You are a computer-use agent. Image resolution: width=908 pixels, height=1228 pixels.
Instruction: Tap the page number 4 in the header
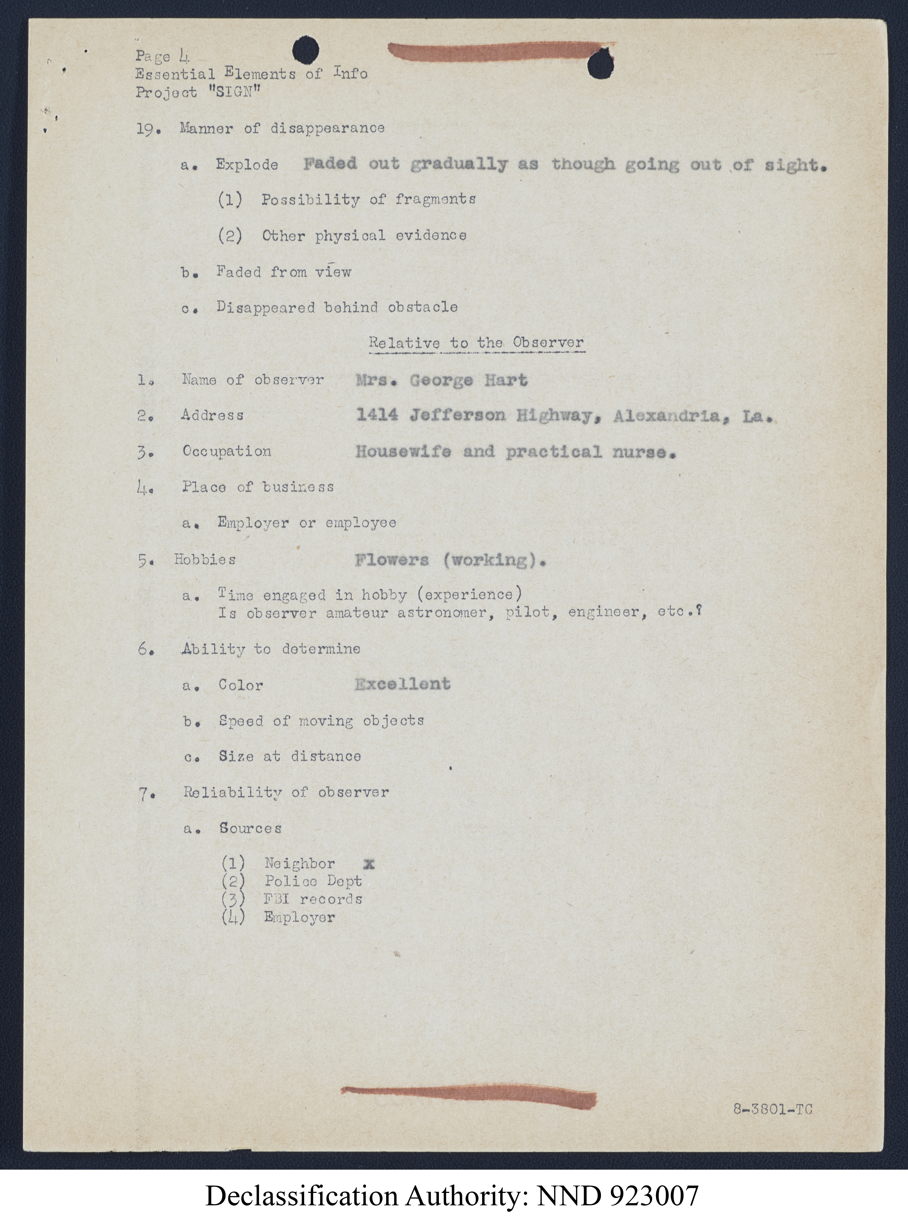click(x=183, y=56)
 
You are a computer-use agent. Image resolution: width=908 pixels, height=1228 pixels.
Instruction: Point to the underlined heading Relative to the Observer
click(x=476, y=343)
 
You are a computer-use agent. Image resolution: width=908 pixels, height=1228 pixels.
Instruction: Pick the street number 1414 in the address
click(x=377, y=415)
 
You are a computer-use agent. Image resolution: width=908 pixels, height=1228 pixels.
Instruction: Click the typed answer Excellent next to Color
click(x=402, y=684)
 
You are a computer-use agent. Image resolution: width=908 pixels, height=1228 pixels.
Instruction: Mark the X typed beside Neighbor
click(x=369, y=864)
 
